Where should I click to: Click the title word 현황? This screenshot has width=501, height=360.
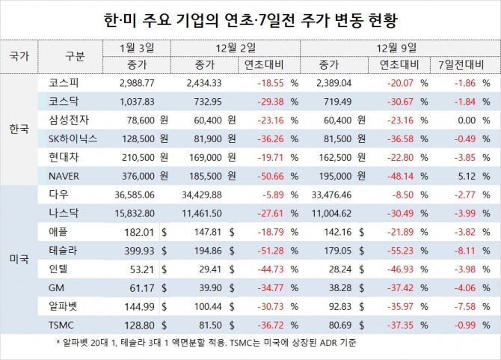tap(383, 20)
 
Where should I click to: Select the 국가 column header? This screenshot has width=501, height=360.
tap(19, 56)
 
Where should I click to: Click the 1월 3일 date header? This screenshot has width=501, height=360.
tap(137, 48)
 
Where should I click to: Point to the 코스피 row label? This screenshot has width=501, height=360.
tap(64, 83)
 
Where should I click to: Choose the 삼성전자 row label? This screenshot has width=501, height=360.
tap(69, 120)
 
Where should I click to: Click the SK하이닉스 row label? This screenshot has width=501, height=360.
tap(73, 138)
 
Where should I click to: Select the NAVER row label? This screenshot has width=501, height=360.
tap(64, 176)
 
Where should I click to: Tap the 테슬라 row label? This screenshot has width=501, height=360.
tap(63, 250)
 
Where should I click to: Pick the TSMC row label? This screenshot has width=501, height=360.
tap(61, 325)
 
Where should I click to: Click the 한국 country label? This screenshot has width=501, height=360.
tap(19, 129)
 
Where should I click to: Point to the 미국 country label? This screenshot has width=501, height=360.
tap(19, 259)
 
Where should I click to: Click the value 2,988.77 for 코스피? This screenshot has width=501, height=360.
tap(137, 83)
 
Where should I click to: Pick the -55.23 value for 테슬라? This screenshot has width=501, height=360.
tap(400, 251)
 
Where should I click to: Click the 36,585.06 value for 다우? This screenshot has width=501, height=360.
tap(135, 195)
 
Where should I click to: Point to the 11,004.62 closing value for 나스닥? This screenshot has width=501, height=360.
tap(332, 213)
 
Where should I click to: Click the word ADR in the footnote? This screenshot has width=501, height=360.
tap(320, 343)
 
